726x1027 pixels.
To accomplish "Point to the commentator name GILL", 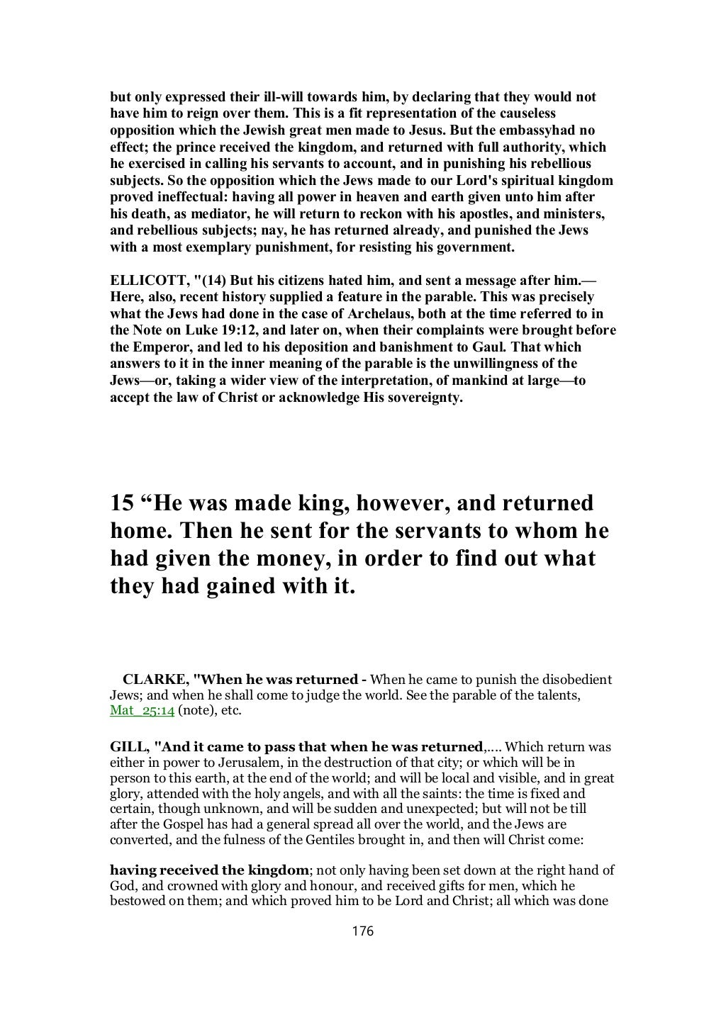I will point(127,747).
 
